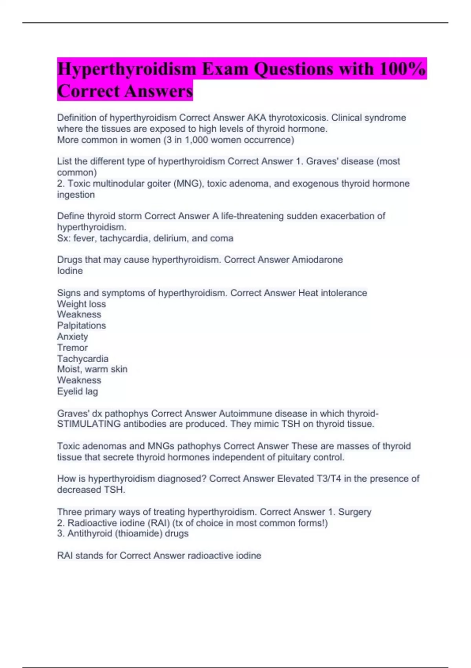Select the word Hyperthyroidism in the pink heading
click(127, 69)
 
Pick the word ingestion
click(76, 195)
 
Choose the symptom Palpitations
click(81, 325)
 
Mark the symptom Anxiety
click(73, 336)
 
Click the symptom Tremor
click(72, 347)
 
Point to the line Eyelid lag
click(77, 391)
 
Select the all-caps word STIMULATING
click(89, 424)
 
